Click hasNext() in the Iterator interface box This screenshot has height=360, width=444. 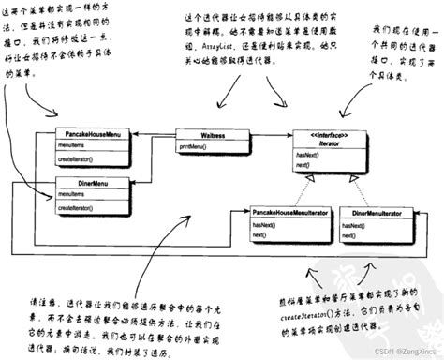(306, 152)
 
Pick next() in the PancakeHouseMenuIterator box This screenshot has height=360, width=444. (259, 236)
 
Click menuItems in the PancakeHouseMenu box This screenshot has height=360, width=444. (71, 145)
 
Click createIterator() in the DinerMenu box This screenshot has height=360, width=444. (77, 207)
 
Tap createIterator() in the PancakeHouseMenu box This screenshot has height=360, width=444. (77, 159)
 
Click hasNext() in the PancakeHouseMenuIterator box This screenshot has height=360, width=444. (263, 226)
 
